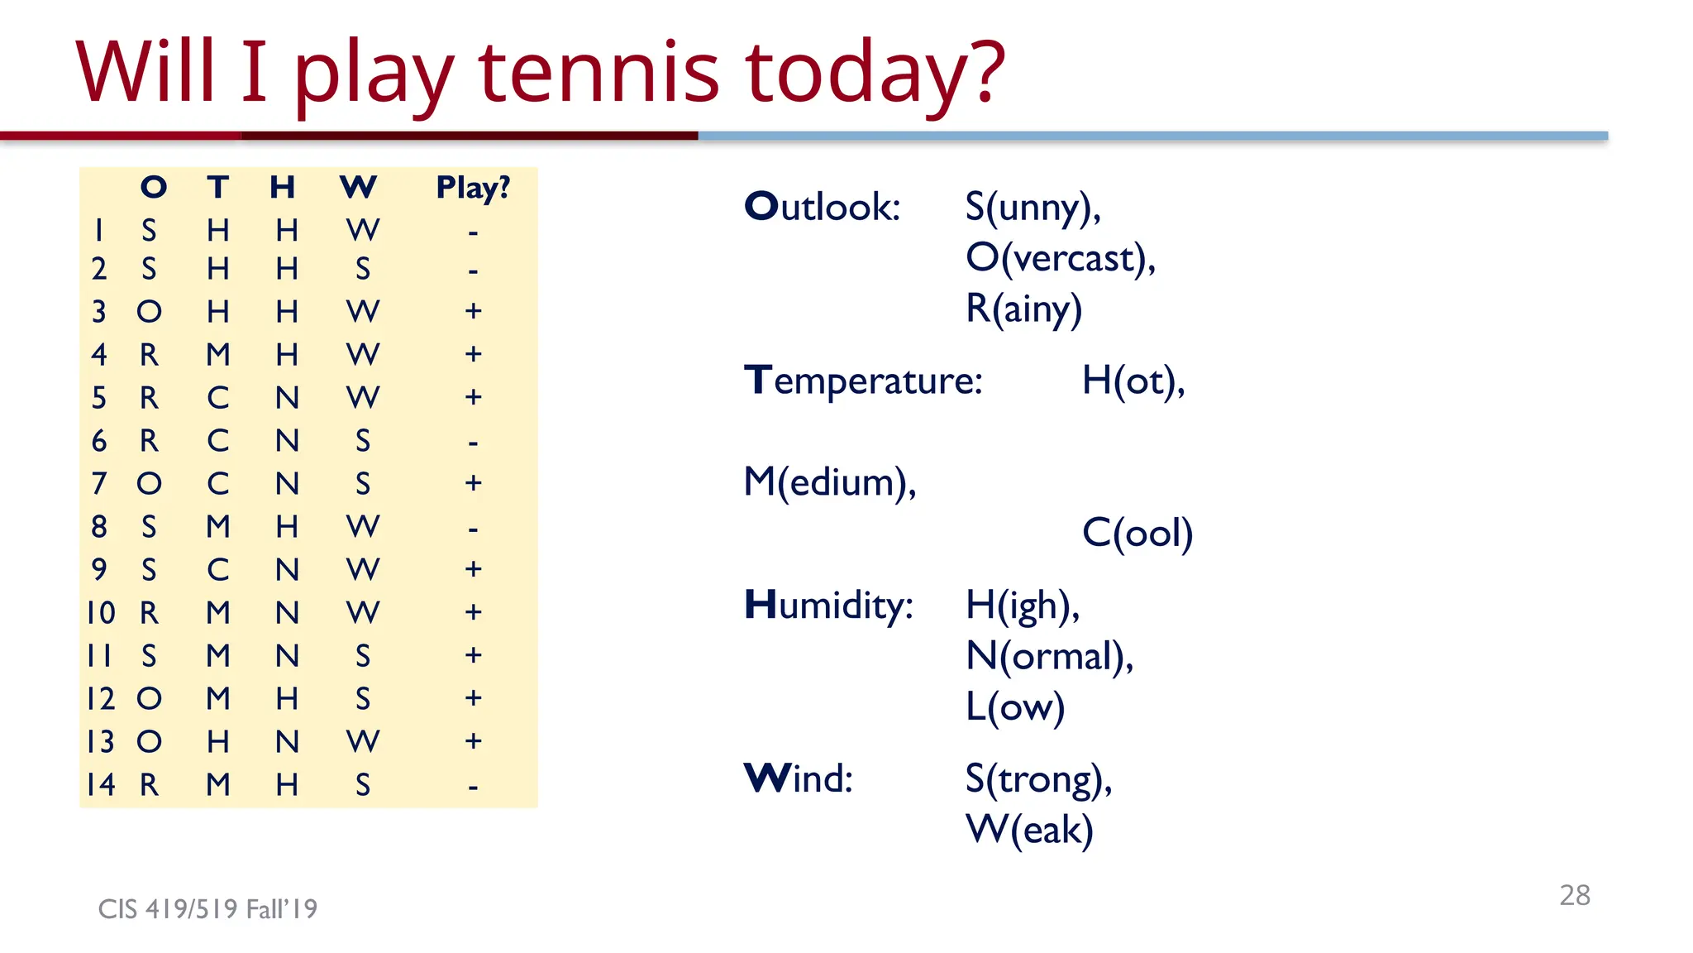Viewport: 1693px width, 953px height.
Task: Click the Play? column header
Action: [x=473, y=188]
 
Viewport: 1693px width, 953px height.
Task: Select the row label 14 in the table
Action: [x=101, y=784]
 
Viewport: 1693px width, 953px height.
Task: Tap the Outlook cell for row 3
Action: [x=149, y=312]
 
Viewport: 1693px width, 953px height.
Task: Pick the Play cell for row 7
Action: [x=473, y=483]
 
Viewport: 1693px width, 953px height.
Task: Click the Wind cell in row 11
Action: [x=363, y=656]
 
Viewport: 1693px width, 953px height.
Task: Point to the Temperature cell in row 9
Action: [x=218, y=570]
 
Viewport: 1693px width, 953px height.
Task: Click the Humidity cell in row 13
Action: [x=287, y=742]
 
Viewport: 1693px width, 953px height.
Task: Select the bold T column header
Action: [x=218, y=187]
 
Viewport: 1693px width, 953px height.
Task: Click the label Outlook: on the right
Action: [x=822, y=207]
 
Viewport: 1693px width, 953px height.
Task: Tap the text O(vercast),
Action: [x=1061, y=258]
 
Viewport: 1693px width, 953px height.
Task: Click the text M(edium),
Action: [x=830, y=482]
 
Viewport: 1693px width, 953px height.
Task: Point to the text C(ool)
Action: [x=1137, y=533]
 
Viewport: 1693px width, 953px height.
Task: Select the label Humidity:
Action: [x=828, y=606]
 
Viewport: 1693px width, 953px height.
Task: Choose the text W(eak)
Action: [x=1029, y=830]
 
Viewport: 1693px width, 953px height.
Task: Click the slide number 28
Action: [x=1574, y=895]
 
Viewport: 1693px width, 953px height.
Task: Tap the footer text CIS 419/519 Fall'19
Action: [x=207, y=909]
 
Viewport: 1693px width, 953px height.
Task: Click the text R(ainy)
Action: [x=1023, y=309]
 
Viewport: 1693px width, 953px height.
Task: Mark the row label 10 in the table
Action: [x=101, y=613]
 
